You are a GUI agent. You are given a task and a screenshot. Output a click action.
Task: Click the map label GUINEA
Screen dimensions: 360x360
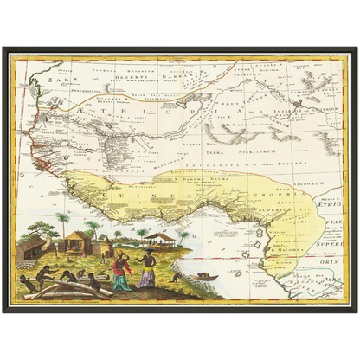tap(138, 197)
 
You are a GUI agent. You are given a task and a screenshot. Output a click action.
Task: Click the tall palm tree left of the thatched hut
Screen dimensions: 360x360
tap(63, 223)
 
